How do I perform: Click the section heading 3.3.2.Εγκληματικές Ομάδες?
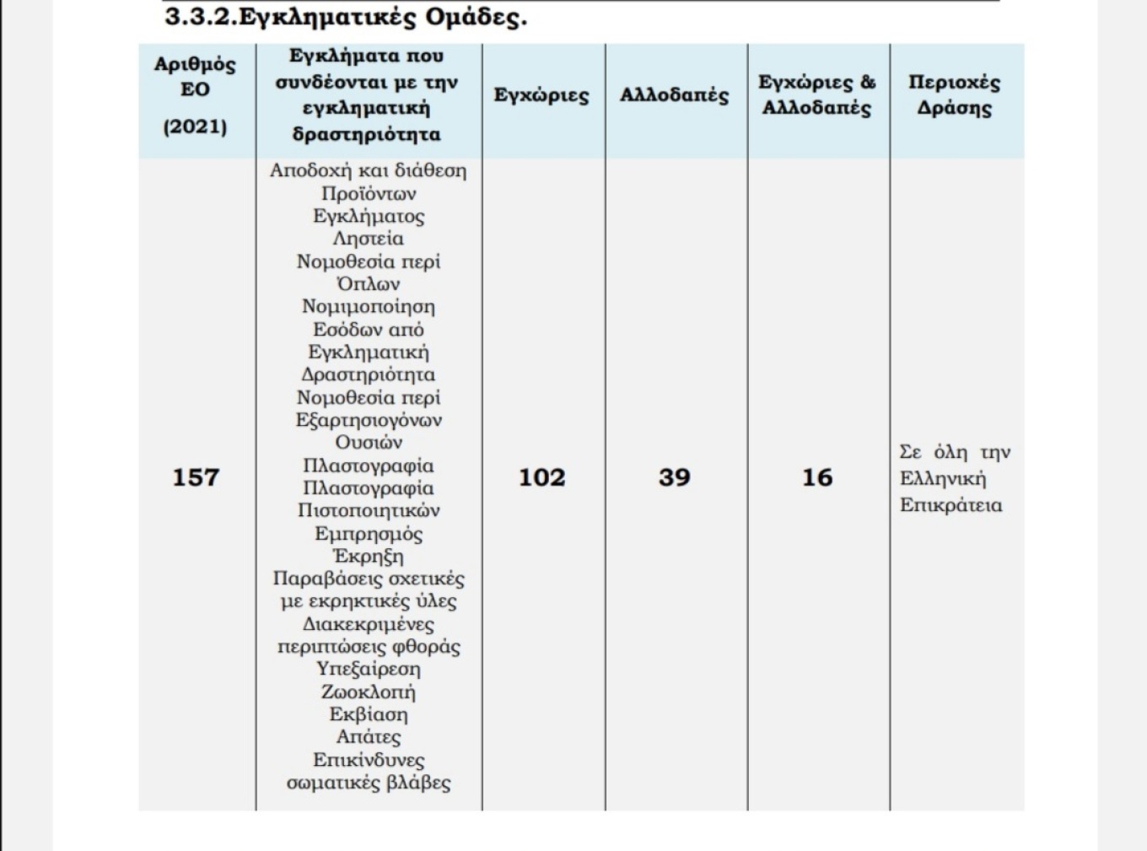tap(345, 17)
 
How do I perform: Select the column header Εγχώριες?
tap(541, 95)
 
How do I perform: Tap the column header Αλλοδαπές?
tap(674, 95)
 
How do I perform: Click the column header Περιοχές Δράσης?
tap(954, 95)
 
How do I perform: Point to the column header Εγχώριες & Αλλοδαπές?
tap(816, 95)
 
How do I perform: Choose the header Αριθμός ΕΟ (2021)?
tap(195, 95)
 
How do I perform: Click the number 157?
tap(196, 477)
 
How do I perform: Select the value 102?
tap(541, 477)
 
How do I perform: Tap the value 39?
tap(674, 477)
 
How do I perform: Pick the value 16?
tap(816, 477)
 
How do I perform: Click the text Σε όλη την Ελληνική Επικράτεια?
tap(954, 478)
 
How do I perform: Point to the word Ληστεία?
tap(369, 239)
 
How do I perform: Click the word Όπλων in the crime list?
tap(369, 284)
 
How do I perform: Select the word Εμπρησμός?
tap(369, 534)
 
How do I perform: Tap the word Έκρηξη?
tap(369, 557)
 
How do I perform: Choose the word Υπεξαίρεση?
tap(369, 670)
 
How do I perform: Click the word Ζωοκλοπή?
tap(369, 692)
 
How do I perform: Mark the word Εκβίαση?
tap(369, 715)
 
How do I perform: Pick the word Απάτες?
tap(369, 737)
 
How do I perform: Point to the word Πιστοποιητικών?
tap(369, 511)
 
